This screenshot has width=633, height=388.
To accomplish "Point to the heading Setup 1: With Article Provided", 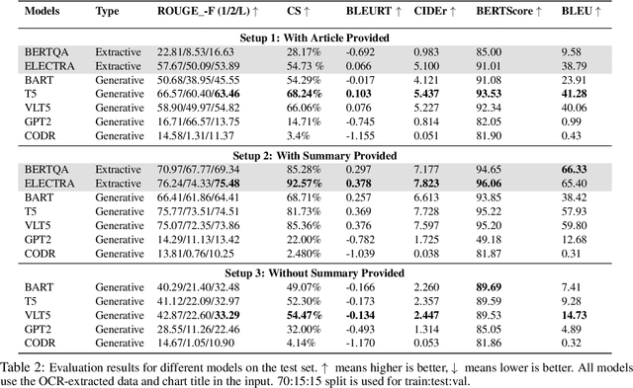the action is (316, 35).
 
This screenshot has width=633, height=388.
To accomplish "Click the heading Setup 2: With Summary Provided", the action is (316, 155).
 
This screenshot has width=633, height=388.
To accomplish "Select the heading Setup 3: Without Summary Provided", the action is (316, 274).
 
